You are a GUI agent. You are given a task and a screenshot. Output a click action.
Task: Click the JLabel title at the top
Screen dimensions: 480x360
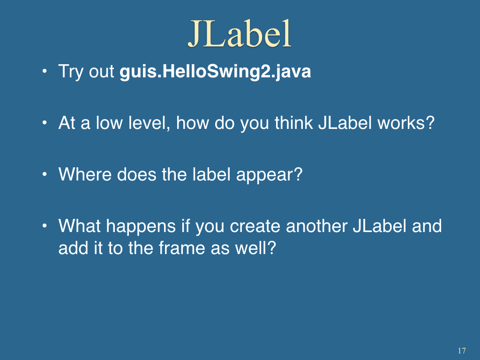pyautogui.click(x=240, y=33)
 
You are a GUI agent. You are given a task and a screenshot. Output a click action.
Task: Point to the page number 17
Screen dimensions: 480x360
pyautogui.click(x=462, y=351)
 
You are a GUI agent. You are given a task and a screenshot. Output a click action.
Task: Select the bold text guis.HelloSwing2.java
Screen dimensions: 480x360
pyautogui.click(x=215, y=72)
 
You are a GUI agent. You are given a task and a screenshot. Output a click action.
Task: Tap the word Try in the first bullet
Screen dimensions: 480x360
pyautogui.click(x=71, y=72)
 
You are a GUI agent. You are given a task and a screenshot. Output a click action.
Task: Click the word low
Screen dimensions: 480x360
pyautogui.click(x=109, y=123)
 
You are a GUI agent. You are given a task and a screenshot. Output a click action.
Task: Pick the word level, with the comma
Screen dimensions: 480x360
pyautogui.click(x=149, y=123)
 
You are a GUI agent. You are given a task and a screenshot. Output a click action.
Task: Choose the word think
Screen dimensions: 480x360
pyautogui.click(x=293, y=123)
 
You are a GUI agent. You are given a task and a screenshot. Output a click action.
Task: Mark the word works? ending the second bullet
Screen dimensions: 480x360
pyautogui.click(x=406, y=123)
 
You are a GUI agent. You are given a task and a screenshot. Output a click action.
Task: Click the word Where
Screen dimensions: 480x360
pyautogui.click(x=85, y=174)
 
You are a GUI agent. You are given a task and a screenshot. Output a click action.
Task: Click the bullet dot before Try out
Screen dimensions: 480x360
pyautogui.click(x=45, y=71)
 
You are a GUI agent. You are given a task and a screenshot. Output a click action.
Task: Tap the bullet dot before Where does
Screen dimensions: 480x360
pyautogui.click(x=45, y=174)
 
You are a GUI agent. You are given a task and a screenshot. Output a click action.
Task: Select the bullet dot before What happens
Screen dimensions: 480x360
pyautogui.click(x=45, y=226)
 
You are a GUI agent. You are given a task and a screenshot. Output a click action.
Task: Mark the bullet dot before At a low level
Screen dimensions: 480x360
pyautogui.click(x=45, y=123)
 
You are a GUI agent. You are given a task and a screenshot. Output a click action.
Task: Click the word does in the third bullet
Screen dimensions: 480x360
pyautogui.click(x=136, y=174)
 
